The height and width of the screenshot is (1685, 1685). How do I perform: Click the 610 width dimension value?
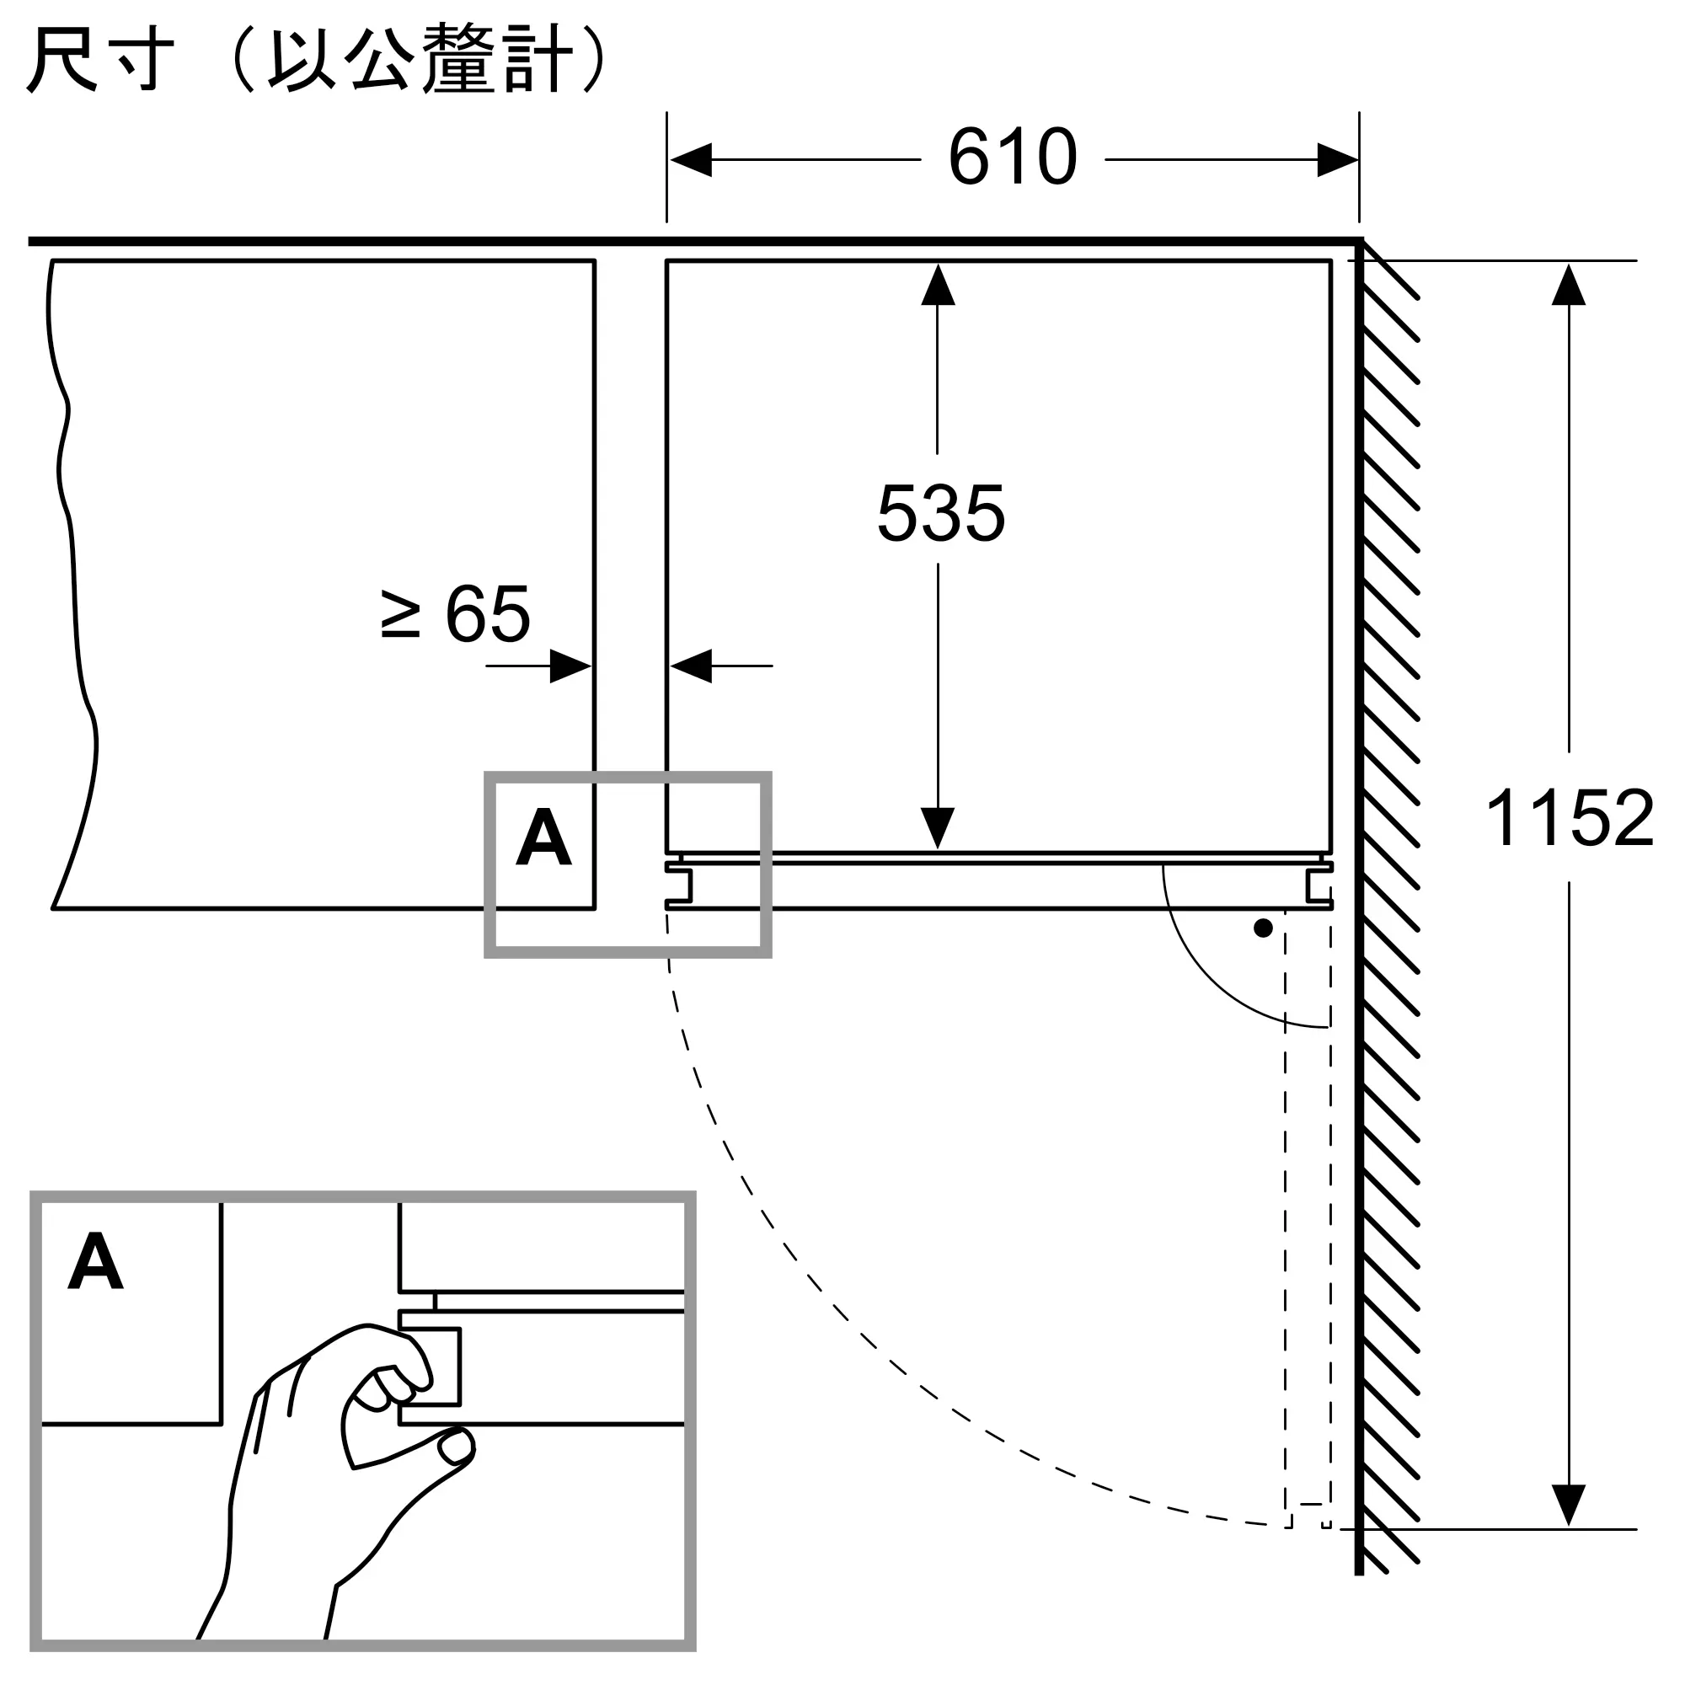coord(1013,157)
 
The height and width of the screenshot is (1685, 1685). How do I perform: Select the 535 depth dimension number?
coord(941,513)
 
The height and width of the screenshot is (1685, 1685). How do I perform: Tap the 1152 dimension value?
coord(1569,818)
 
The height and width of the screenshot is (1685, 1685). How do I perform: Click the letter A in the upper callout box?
coord(543,837)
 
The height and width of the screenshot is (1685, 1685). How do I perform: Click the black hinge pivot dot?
coord(1263,928)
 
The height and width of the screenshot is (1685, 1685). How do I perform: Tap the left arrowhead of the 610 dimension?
coord(691,159)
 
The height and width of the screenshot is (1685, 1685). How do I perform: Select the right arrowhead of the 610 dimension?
coord(1337,159)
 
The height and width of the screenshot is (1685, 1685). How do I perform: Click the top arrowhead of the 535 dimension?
coord(938,284)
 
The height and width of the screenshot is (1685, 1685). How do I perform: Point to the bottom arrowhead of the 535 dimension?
coord(938,828)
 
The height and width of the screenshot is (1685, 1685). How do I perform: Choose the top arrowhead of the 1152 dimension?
coord(1568,284)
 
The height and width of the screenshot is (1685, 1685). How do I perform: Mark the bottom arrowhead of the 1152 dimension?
coord(1568,1506)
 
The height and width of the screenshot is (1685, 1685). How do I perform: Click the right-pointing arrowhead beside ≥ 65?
coord(571,666)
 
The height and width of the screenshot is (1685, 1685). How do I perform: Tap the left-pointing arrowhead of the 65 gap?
coord(691,666)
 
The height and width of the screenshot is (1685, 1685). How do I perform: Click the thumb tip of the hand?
coord(456,1447)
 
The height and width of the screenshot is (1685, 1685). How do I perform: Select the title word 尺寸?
coord(101,59)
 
